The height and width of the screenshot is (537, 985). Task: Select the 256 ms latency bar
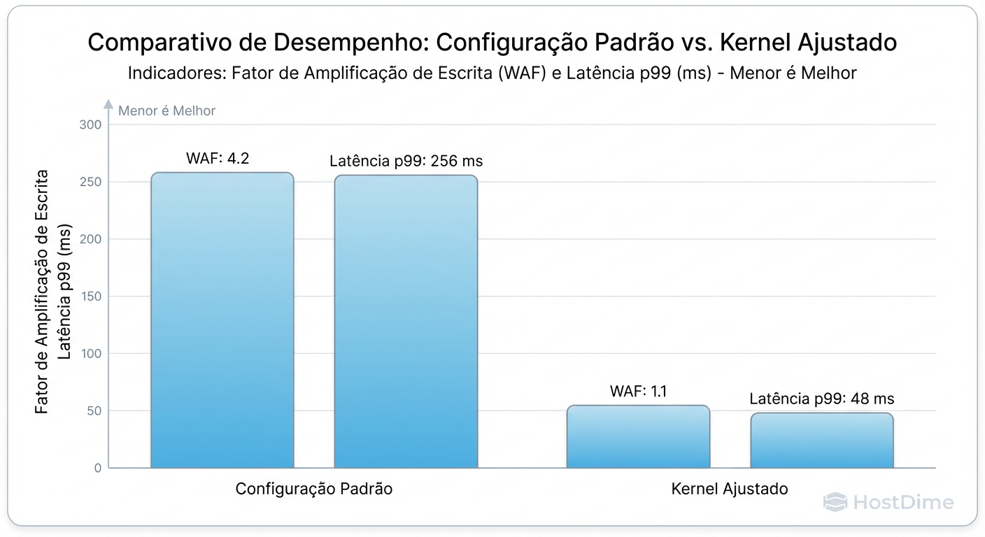(406, 322)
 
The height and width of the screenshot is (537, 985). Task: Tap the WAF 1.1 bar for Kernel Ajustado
(638, 436)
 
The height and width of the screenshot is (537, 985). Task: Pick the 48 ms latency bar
(821, 441)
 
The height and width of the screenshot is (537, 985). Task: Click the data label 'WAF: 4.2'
(218, 158)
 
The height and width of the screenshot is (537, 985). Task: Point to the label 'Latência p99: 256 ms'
(406, 162)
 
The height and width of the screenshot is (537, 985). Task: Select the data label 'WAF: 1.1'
(638, 391)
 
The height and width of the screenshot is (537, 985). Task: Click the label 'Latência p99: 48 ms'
(821, 399)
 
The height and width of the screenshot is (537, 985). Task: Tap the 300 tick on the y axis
(92, 125)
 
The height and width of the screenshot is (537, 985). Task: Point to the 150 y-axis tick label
(92, 296)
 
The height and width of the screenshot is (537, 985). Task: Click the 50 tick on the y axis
(94, 411)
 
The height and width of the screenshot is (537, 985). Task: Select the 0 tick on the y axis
(97, 468)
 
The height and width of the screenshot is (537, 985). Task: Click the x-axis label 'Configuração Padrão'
(313, 489)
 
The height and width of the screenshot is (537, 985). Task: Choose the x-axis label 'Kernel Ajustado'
(729, 489)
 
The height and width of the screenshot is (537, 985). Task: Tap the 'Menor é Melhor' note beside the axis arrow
(166, 110)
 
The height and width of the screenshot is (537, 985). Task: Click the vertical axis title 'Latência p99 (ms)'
(64, 292)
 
